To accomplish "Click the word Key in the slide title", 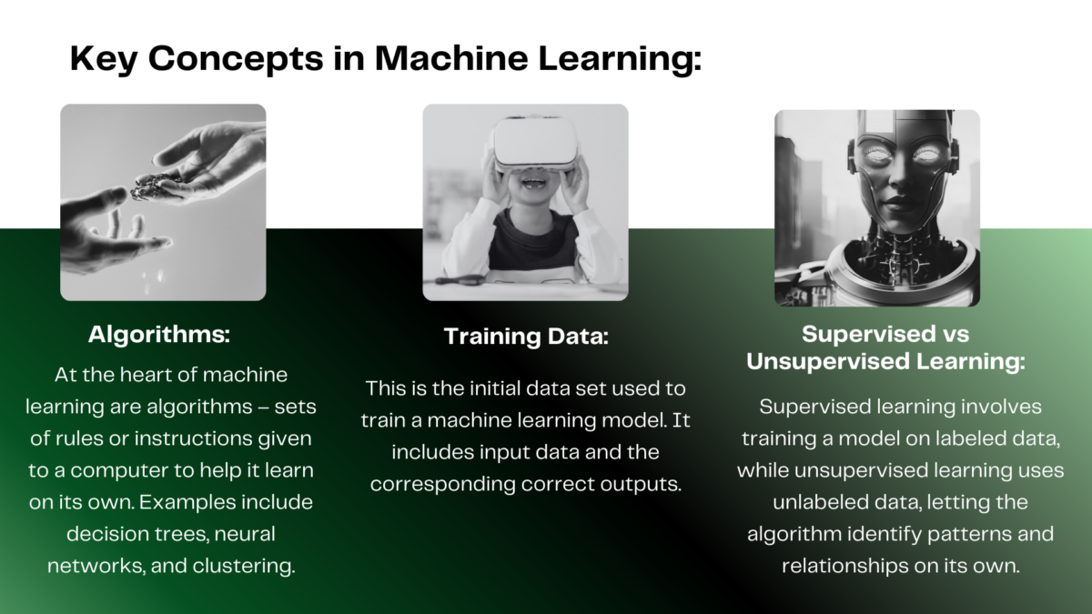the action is [x=104, y=58].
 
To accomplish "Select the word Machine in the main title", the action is [x=451, y=58].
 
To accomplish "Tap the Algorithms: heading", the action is [x=159, y=336].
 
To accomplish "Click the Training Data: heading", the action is [x=526, y=337].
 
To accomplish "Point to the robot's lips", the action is [x=899, y=202].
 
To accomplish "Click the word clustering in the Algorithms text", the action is [x=244, y=566].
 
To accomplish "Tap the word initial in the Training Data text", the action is [x=493, y=389].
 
